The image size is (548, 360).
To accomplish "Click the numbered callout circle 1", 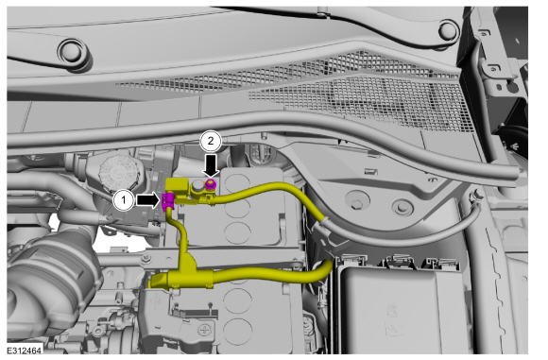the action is (123, 200).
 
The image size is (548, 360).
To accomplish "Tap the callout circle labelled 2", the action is (211, 141).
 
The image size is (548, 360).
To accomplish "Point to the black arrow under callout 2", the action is (211, 165).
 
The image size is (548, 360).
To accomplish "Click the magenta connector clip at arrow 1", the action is (167, 201).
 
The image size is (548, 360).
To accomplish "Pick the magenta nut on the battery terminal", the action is (211, 183).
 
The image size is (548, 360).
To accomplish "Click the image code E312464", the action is (25, 351).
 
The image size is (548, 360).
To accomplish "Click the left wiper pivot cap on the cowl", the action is (73, 52).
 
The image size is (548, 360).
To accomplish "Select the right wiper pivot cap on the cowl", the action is (449, 30).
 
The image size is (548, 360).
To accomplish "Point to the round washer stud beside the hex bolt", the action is (402, 207).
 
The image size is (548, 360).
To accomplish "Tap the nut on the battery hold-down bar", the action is (146, 259).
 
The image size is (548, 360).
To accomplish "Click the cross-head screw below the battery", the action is (204, 330).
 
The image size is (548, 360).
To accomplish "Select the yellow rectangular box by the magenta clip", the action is (177, 189).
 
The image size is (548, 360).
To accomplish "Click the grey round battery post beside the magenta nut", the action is (197, 186).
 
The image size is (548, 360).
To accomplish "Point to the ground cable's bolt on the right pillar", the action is (475, 197).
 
